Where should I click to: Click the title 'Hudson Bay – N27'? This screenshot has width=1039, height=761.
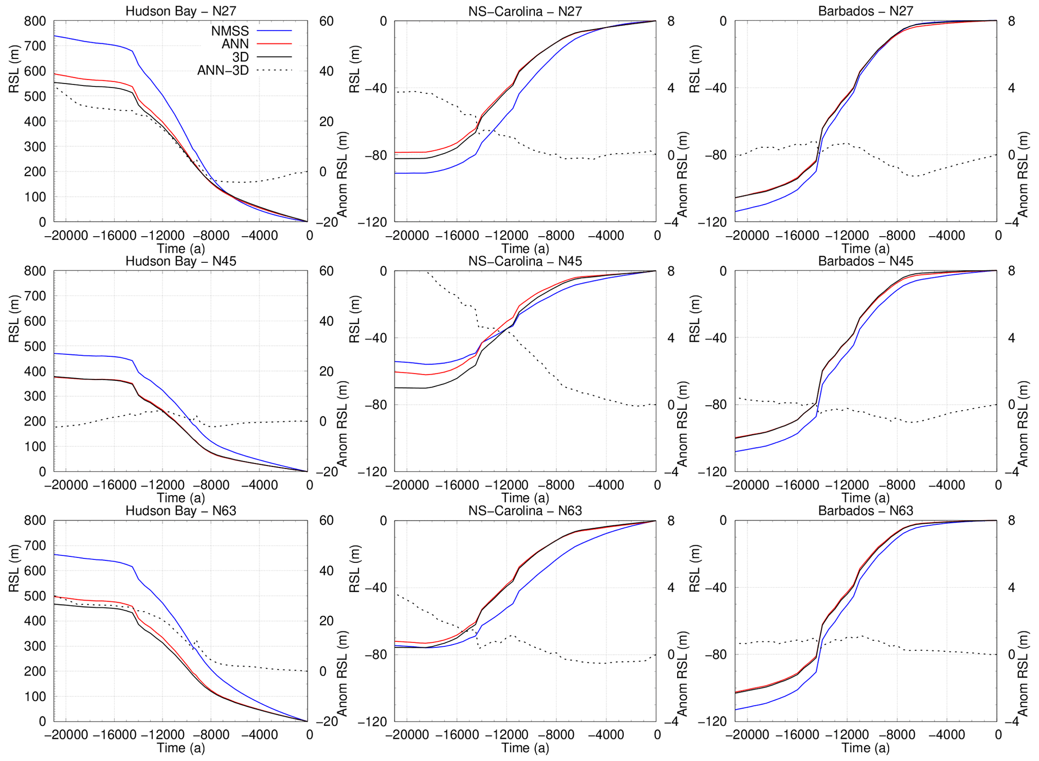pos(180,11)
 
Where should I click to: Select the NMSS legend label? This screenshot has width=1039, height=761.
pos(230,31)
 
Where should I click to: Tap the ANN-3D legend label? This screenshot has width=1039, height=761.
pos(223,70)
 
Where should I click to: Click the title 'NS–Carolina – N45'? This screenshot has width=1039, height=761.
pos(525,261)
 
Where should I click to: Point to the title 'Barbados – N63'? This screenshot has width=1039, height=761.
pos(866,511)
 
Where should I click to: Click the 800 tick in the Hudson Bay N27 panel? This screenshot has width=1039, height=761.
pos(35,21)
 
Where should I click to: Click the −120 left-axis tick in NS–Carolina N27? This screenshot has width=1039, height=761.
pos(372,222)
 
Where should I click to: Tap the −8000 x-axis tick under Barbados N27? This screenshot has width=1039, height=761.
pos(897,235)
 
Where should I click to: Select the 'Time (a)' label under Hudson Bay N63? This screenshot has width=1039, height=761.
pos(180,748)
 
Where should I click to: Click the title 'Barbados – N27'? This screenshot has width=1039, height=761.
pos(866,11)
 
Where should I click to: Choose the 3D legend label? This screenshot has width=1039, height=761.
pos(240,57)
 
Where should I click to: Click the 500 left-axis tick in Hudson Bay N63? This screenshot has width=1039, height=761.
pos(35,596)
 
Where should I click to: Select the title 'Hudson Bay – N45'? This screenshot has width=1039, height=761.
pos(180,261)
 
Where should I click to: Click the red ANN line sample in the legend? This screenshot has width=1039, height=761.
pos(274,44)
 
